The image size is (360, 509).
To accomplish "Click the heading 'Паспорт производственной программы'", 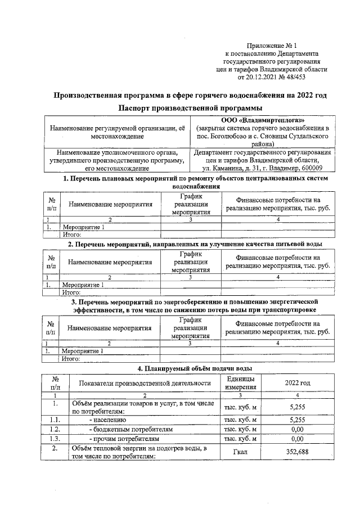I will click(x=190, y=107).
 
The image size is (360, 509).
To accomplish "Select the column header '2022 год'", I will click(x=298, y=382).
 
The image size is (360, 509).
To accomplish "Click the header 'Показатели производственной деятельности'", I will click(x=145, y=382).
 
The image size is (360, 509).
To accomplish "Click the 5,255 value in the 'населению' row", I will click(x=298, y=419).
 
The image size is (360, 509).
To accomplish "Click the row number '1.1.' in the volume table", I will click(x=55, y=419).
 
